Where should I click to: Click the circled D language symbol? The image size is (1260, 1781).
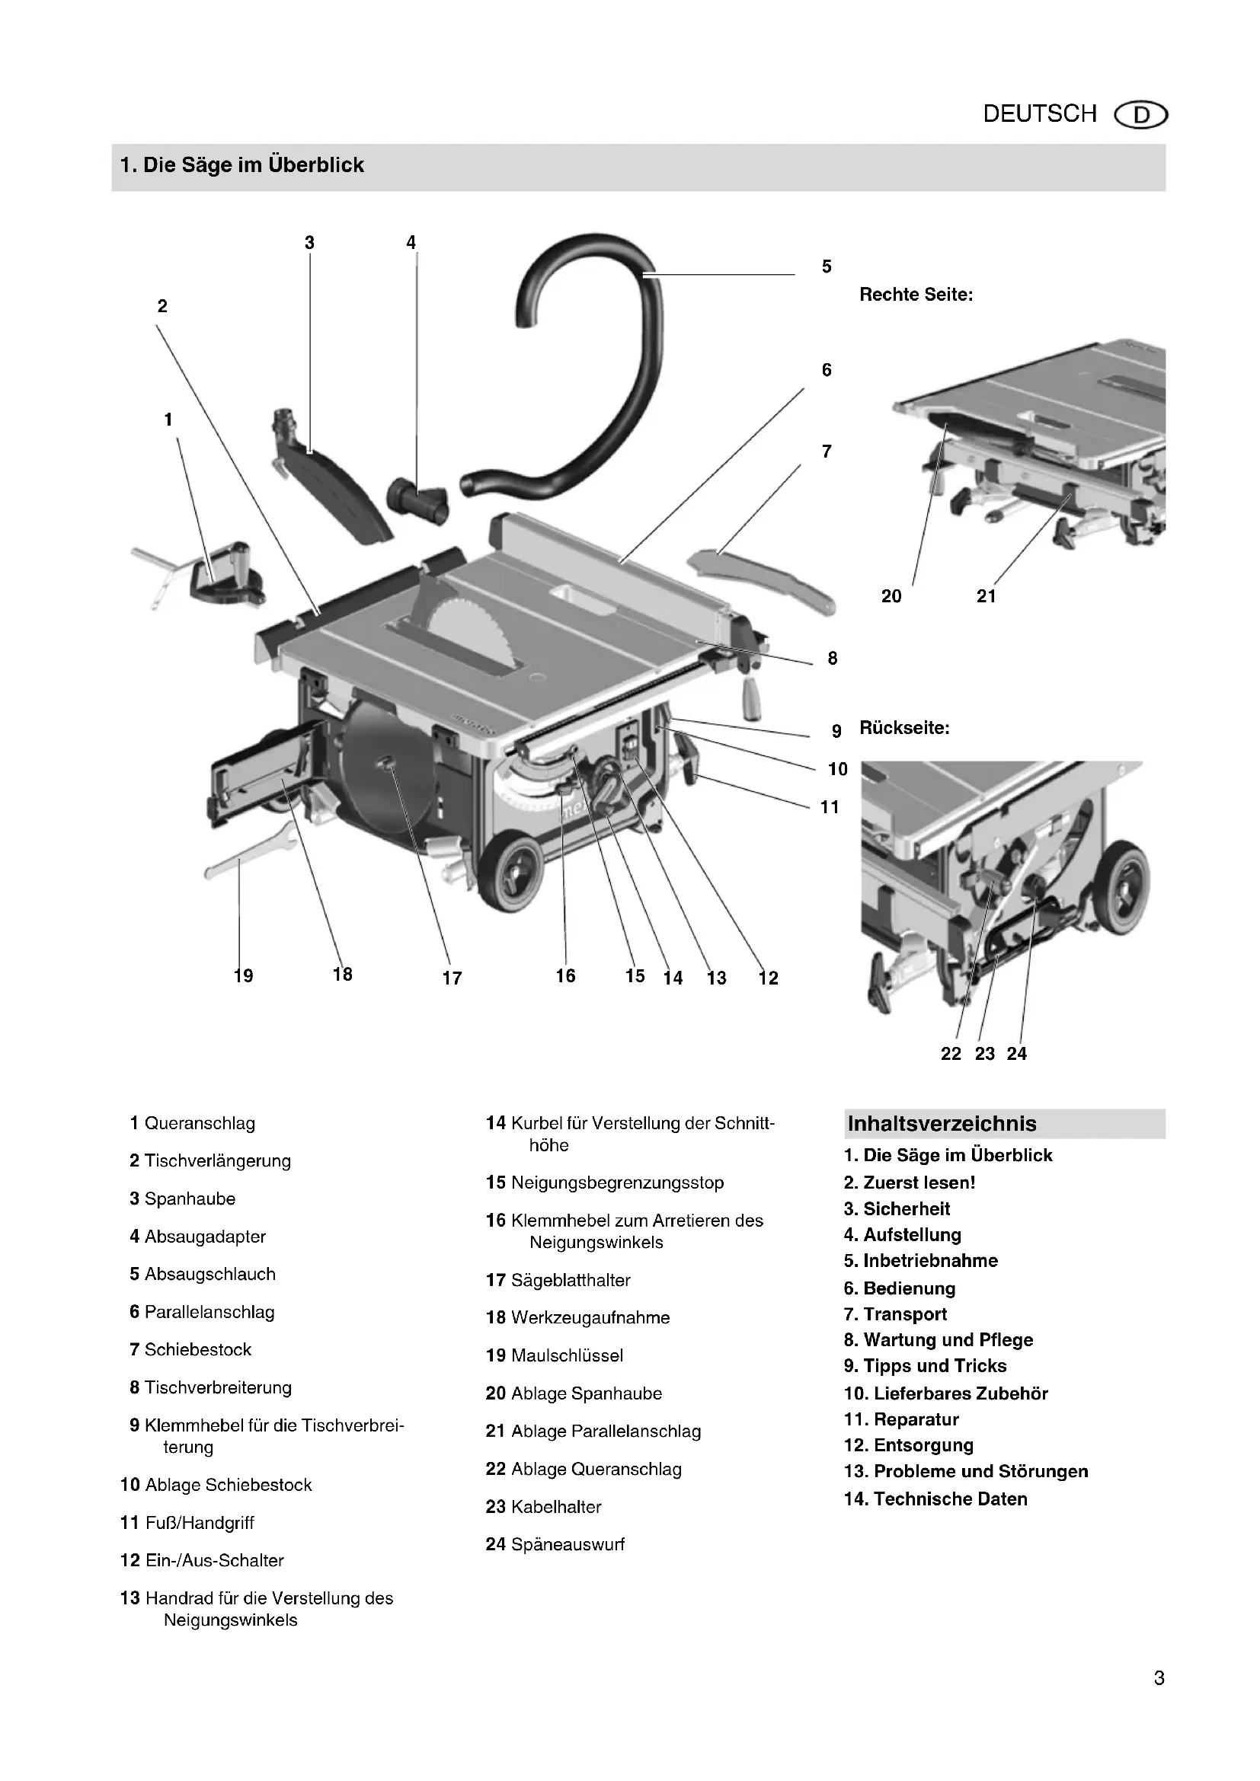[1140, 116]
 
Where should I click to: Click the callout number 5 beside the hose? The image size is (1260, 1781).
[827, 267]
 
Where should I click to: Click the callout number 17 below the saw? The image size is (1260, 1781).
[452, 978]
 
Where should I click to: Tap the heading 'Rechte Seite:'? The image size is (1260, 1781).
[916, 295]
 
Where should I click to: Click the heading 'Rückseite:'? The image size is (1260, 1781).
[904, 729]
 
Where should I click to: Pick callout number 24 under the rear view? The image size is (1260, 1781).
[1016, 1053]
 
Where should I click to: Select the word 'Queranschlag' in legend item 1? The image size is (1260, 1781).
[200, 1123]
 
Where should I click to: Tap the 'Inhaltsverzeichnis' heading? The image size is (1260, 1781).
[942, 1124]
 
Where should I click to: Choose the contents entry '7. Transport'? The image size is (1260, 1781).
[895, 1314]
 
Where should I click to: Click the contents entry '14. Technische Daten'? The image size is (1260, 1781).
[935, 1499]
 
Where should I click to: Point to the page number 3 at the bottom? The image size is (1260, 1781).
[1159, 1679]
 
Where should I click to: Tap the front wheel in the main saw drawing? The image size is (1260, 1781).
[512, 872]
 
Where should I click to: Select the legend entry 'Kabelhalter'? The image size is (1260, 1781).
[555, 1506]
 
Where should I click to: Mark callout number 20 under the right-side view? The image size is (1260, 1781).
[891, 596]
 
